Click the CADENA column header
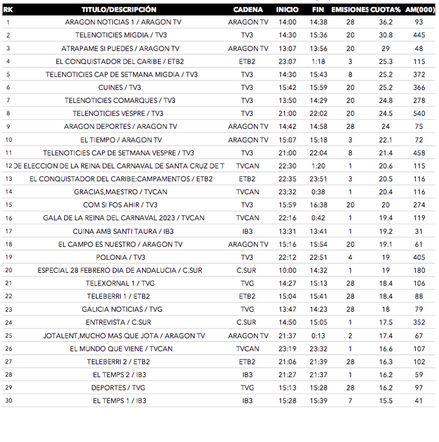coord(248,10)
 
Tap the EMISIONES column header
coord(350,10)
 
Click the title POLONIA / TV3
coord(121,257)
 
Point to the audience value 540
coord(419,113)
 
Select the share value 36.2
coord(386,22)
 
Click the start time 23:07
coord(287,61)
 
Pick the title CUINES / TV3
coord(120,87)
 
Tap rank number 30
coord(8,401)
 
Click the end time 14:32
coord(318,270)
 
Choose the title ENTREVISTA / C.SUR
coord(118,322)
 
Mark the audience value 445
coord(419,35)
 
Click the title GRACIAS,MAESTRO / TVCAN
coord(121,192)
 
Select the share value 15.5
coord(386,401)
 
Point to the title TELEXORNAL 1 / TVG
coord(120,283)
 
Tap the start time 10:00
coord(287,270)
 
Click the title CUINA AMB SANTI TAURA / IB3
coord(123,231)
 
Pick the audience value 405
coord(419,257)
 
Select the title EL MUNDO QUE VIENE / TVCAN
coord(121,349)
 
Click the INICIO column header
coord(287,10)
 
